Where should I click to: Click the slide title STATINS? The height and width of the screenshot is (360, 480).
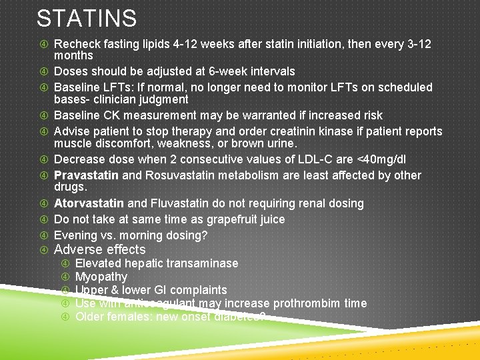tap(87, 18)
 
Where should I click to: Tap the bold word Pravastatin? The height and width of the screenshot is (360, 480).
tap(86, 175)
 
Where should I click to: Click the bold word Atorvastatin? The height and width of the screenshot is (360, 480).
tap(89, 203)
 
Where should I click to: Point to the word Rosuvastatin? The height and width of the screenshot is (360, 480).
tap(175, 175)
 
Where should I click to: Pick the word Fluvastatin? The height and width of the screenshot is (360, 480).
tap(180, 203)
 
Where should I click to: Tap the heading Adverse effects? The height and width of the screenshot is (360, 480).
tap(99, 250)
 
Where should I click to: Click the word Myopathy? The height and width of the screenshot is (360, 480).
tap(101, 277)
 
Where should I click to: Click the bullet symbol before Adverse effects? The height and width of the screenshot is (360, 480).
tap(44, 251)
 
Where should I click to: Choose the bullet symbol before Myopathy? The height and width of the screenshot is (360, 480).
tap(65, 277)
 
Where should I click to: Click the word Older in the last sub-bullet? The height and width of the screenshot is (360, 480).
tap(91, 317)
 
